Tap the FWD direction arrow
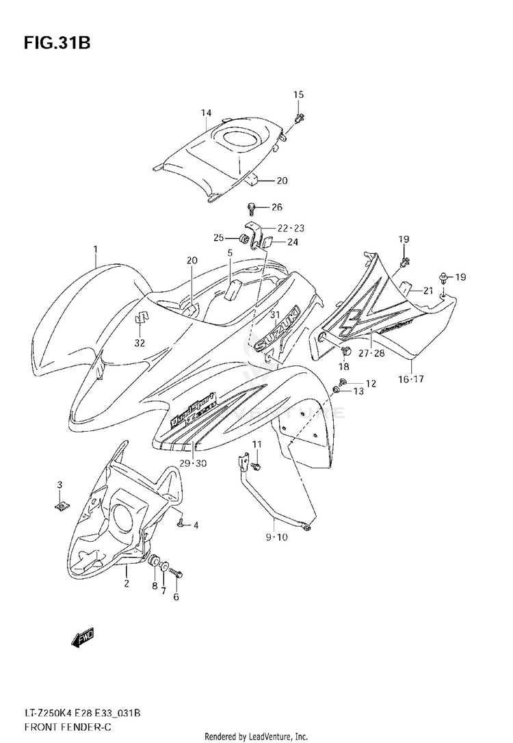point(82,640)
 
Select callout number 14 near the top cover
point(206,113)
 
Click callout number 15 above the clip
point(298,94)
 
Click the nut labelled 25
point(243,238)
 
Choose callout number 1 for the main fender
point(96,249)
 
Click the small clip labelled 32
point(141,317)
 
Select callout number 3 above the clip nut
point(60,485)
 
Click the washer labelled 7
point(165,564)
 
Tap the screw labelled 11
point(255,466)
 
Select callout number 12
point(371,384)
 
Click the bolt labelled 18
point(345,352)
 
